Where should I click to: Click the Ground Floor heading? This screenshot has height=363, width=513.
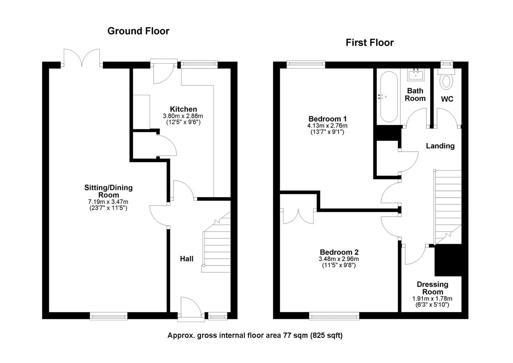[138, 31]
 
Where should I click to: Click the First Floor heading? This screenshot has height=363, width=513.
[370, 43]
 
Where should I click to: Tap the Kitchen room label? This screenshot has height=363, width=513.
[183, 109]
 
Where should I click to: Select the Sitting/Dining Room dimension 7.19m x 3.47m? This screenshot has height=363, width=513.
[108, 202]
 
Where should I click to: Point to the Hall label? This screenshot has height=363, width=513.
[187, 259]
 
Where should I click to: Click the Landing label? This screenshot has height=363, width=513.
[440, 146]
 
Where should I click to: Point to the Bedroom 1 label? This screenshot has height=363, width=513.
[327, 119]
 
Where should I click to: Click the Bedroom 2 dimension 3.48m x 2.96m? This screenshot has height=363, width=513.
[339, 259]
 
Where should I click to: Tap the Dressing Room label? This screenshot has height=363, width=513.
[432, 288]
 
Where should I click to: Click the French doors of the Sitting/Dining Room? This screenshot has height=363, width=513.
[82, 58]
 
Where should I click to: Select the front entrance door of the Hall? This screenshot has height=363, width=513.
[191, 308]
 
